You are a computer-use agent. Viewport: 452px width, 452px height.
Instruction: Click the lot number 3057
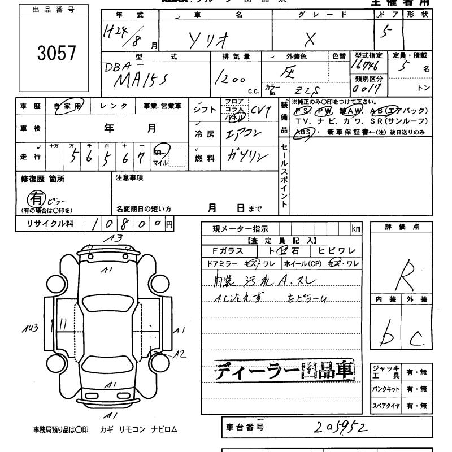[56, 53]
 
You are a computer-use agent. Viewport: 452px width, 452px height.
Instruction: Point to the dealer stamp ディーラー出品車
[284, 371]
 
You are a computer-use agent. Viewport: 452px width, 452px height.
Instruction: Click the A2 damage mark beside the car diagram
[179, 354]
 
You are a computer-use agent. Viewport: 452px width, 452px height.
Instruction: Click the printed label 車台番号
[245, 428]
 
